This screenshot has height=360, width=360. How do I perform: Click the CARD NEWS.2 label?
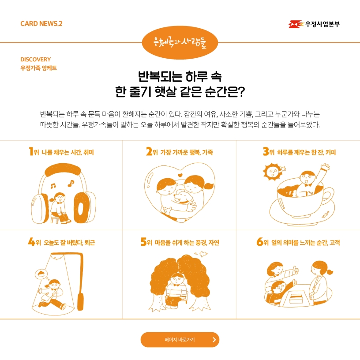(x=41, y=24)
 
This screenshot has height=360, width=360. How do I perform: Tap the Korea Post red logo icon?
(x=296, y=24)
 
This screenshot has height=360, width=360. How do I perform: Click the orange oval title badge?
(x=180, y=42)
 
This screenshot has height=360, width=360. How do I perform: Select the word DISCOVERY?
(x=36, y=60)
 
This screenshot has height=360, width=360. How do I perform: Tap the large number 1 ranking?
(x=31, y=151)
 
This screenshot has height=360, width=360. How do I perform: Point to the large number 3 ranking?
(x=266, y=151)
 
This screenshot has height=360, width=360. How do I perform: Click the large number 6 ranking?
(x=260, y=241)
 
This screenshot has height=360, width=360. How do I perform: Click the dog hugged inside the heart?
(x=182, y=197)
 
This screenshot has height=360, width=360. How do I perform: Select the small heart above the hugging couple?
(x=180, y=175)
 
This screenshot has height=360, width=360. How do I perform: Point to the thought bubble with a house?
(x=41, y=274)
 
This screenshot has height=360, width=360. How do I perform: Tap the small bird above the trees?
(x=202, y=254)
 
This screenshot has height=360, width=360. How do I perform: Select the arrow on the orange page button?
(x=214, y=340)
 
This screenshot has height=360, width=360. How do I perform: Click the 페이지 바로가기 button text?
(x=180, y=340)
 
